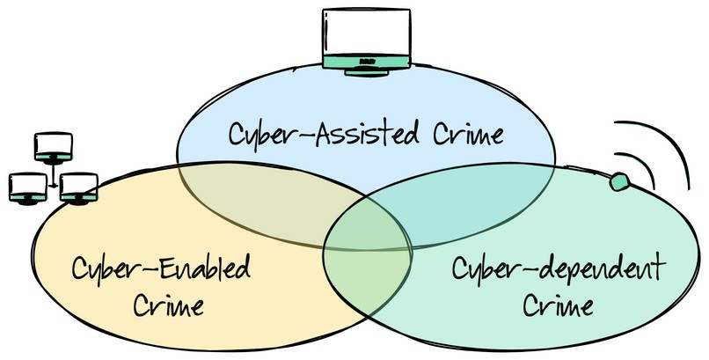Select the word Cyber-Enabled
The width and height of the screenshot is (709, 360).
[161, 268]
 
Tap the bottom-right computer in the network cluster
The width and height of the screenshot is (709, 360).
[77, 187]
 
